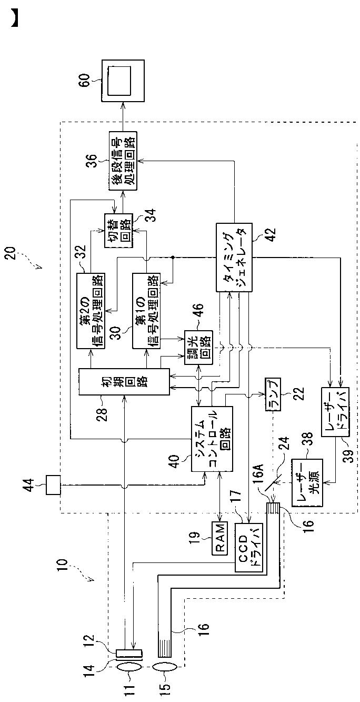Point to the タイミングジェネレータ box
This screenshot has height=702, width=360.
tap(235, 258)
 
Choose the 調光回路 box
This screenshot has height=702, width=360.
tap(198, 347)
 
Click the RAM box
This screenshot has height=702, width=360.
tap(221, 538)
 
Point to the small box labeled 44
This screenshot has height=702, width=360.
tap(53, 485)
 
